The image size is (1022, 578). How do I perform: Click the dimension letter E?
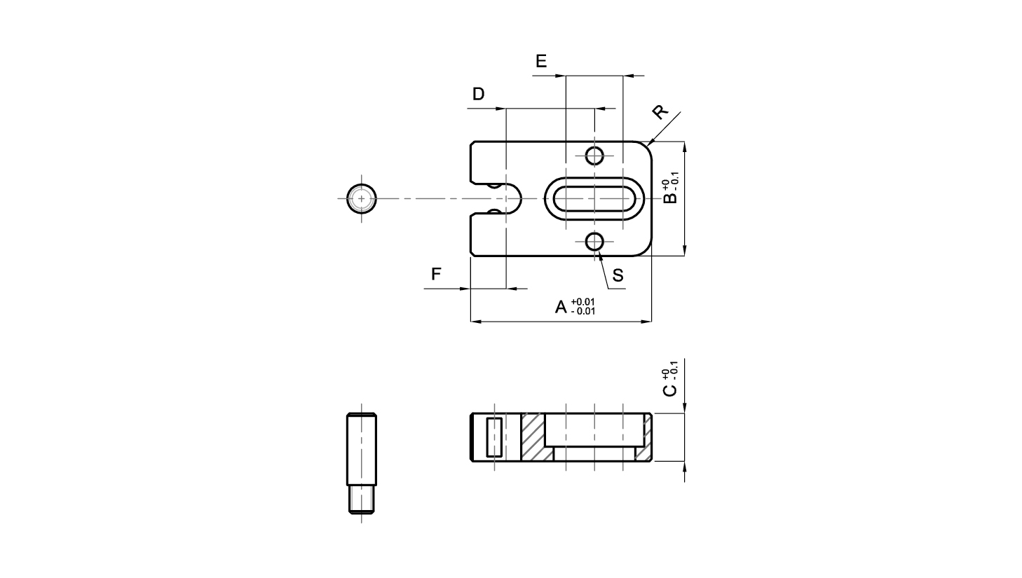pyautogui.click(x=541, y=61)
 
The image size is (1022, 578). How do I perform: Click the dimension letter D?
pyautogui.click(x=478, y=94)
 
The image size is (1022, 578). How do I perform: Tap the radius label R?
pyautogui.click(x=660, y=111)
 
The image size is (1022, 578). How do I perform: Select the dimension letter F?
pyautogui.click(x=436, y=274)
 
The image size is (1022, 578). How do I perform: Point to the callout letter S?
pyautogui.click(x=618, y=275)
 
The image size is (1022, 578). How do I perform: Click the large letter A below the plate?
pyautogui.click(x=561, y=307)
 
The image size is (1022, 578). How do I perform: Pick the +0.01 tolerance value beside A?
pyautogui.click(x=582, y=301)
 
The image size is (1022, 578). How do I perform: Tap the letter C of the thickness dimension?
pyautogui.click(x=670, y=390)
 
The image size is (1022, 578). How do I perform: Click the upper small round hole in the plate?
pyautogui.click(x=594, y=156)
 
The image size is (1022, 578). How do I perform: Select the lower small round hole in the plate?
pyautogui.click(x=594, y=242)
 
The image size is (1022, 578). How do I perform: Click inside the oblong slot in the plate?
pyautogui.click(x=594, y=199)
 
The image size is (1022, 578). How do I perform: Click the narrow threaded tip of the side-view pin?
pyautogui.click(x=362, y=500)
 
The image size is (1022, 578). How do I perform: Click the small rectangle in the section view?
pyautogui.click(x=495, y=437)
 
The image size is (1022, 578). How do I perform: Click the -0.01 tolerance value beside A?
pyautogui.click(x=582, y=312)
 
